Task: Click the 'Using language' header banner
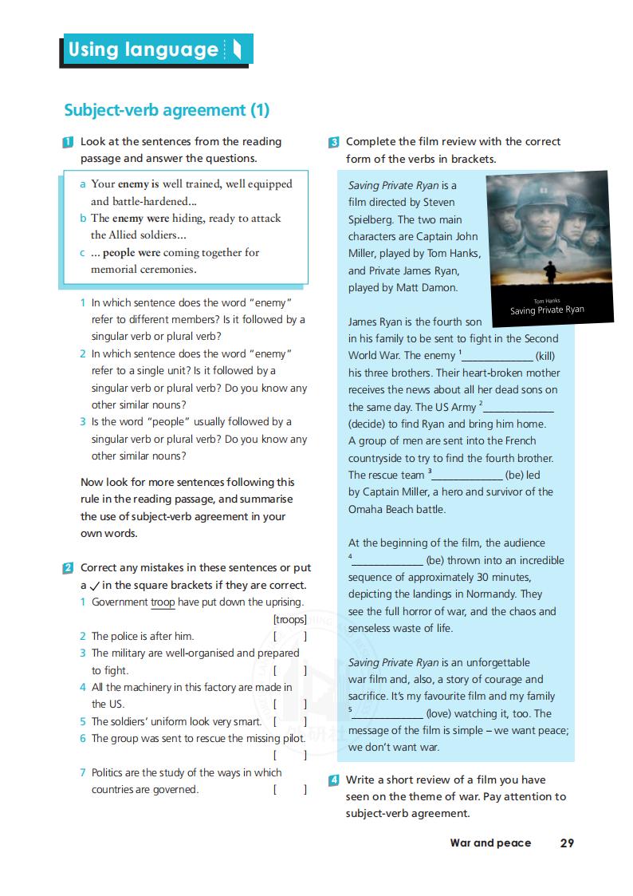point(156,49)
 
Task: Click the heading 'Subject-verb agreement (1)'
point(167,110)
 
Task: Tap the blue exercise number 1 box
point(69,142)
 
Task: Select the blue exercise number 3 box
point(334,142)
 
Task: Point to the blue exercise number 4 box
point(334,780)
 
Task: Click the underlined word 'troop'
point(163,602)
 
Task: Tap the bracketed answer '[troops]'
point(289,619)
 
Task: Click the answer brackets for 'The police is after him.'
point(289,637)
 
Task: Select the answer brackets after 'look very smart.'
point(289,721)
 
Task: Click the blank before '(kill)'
point(497,356)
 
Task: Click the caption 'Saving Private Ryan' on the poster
point(547,310)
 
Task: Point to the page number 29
point(567,843)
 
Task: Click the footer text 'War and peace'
point(490,843)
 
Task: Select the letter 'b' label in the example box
point(83,218)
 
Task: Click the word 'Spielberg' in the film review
point(372,219)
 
